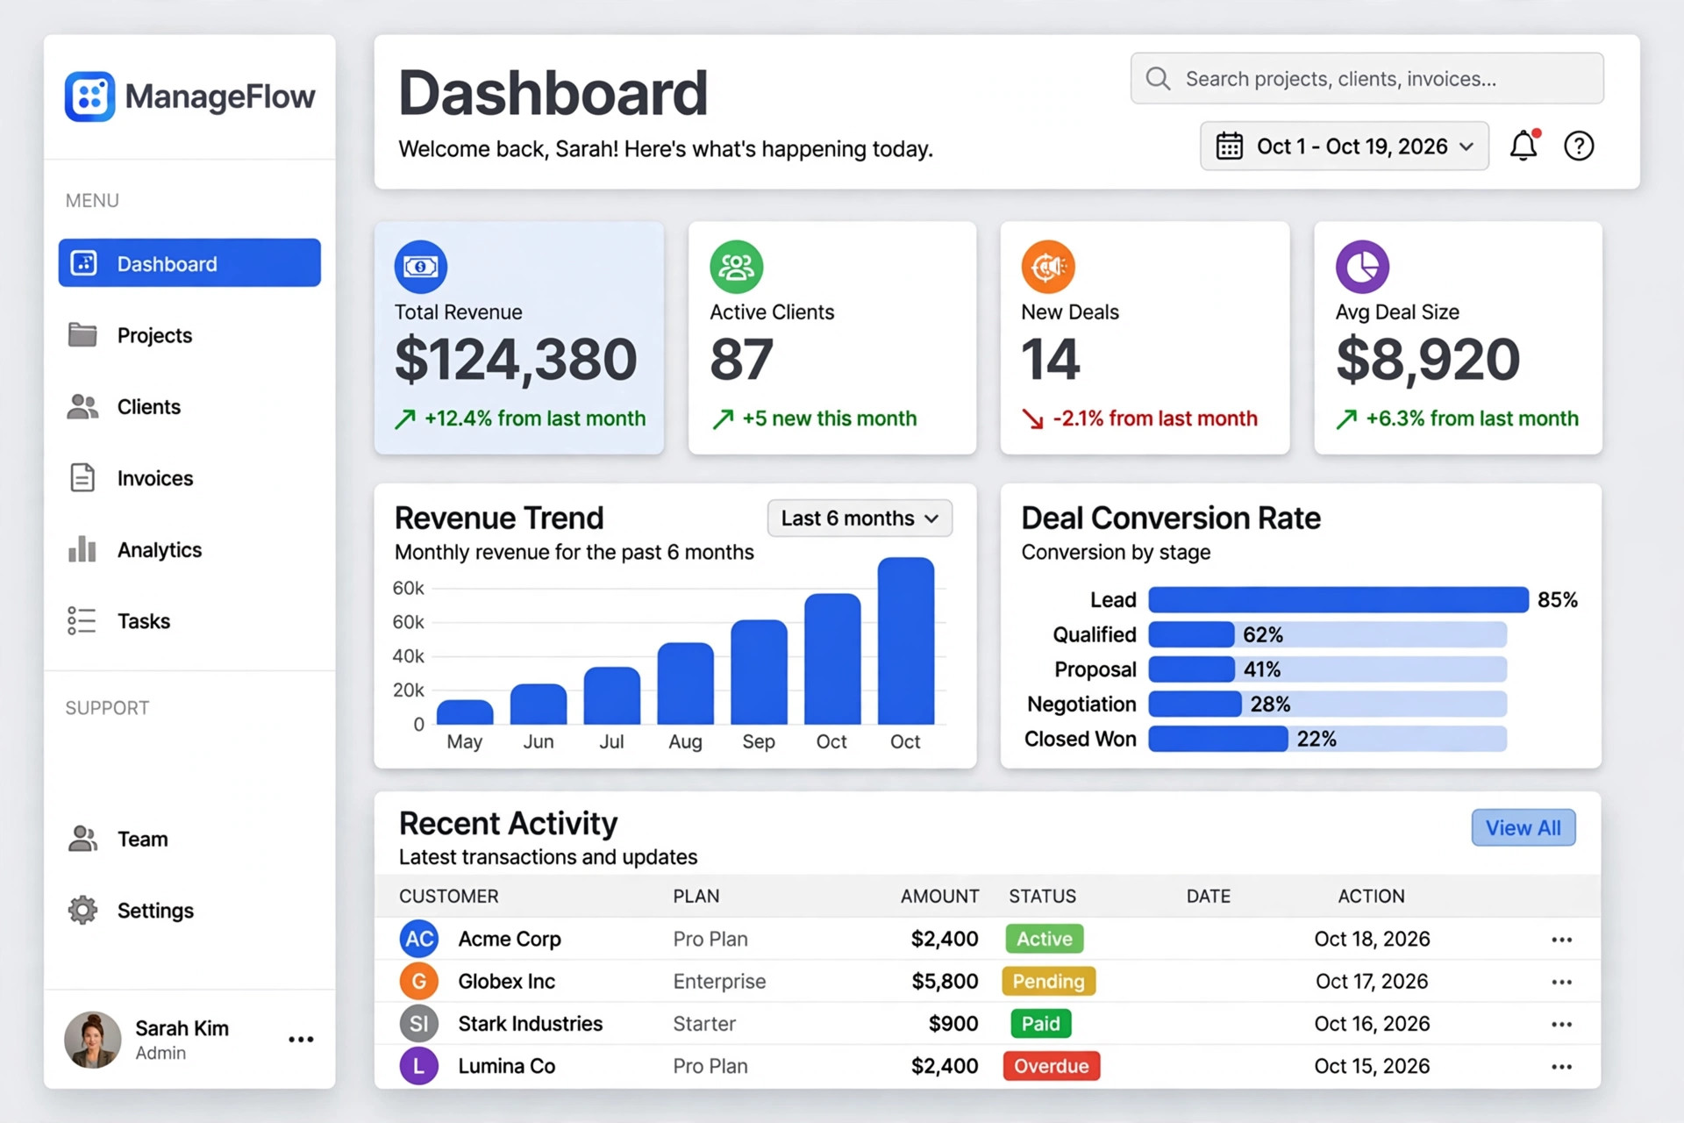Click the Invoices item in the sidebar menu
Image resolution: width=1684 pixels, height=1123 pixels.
154,478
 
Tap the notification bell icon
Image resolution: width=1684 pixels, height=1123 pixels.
1523,146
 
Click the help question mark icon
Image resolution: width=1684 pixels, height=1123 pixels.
1579,146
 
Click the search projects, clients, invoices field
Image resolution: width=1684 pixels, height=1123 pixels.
1366,79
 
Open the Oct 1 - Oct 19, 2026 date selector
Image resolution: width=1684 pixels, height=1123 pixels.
1344,146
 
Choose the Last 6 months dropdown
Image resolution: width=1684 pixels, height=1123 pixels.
860,519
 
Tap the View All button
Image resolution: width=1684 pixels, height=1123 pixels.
1523,827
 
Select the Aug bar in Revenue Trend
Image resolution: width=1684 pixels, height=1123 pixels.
685,683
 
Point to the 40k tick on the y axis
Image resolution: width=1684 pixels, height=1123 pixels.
408,656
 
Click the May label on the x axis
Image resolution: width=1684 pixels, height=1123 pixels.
464,742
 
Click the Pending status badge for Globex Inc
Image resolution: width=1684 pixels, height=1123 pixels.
1048,981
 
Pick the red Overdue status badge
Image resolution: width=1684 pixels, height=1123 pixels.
1052,1066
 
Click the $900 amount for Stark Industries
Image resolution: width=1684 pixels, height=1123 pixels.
953,1024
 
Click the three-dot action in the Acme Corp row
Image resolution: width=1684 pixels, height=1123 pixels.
1561,940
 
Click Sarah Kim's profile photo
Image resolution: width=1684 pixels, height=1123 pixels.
92,1040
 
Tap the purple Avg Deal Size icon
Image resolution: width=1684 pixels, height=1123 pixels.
1362,267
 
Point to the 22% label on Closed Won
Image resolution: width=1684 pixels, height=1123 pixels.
1317,739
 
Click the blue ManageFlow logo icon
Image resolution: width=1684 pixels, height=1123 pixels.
89,97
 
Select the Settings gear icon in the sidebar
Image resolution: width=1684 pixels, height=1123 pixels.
82,910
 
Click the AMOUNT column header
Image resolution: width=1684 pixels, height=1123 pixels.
939,896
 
